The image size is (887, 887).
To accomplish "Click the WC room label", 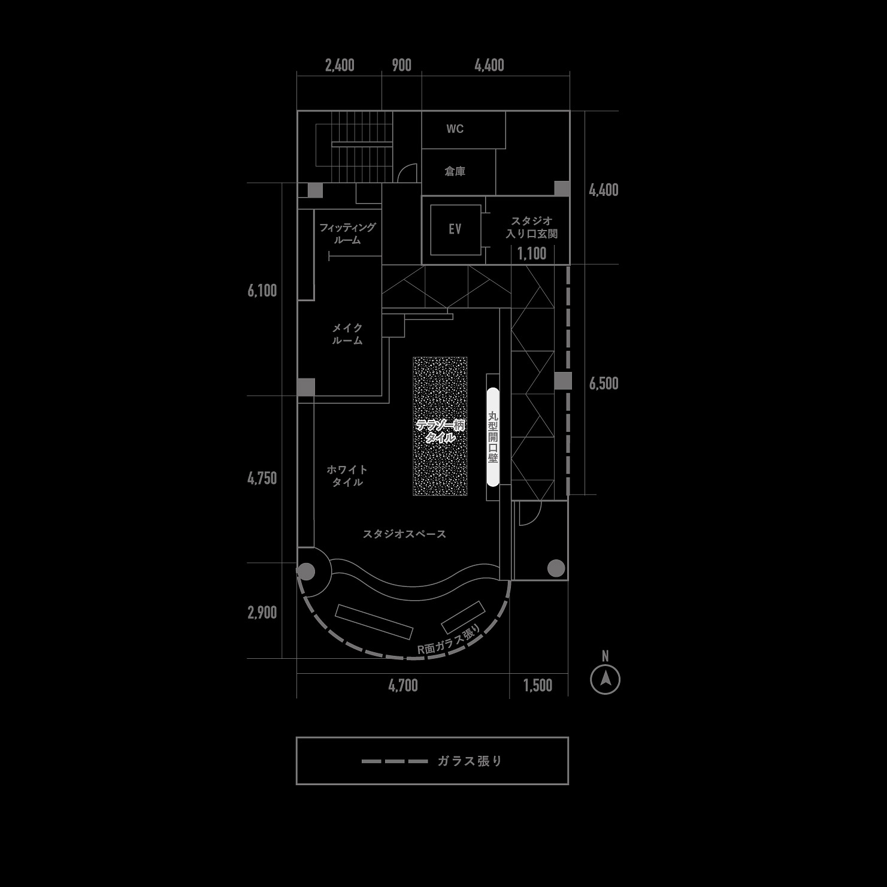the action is (x=455, y=129).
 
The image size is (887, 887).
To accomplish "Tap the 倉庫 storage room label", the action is (x=455, y=171).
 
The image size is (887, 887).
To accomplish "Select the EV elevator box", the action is (x=455, y=229).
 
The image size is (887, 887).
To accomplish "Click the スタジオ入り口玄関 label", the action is (x=531, y=228).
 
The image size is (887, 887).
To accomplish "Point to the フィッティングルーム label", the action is (x=347, y=234).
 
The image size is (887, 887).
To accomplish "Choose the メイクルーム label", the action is (x=347, y=334).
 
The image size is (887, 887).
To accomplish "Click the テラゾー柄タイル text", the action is (x=440, y=431).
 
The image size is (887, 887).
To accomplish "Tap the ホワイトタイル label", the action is (x=347, y=476).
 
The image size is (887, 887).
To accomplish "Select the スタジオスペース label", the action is (x=404, y=534).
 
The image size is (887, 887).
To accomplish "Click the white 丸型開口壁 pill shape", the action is (x=492, y=437).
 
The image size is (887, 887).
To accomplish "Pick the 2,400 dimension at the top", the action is (x=340, y=65).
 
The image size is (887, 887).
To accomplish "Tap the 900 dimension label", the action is (x=401, y=65).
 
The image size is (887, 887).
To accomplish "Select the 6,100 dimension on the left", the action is (x=262, y=290).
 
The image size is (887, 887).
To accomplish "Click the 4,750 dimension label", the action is (x=262, y=478).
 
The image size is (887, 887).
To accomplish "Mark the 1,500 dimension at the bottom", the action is (x=538, y=685).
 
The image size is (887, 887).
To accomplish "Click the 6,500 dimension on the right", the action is (x=604, y=383).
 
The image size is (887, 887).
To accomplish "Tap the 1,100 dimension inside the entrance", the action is (x=532, y=253).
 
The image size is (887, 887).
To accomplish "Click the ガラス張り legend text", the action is (x=470, y=761).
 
